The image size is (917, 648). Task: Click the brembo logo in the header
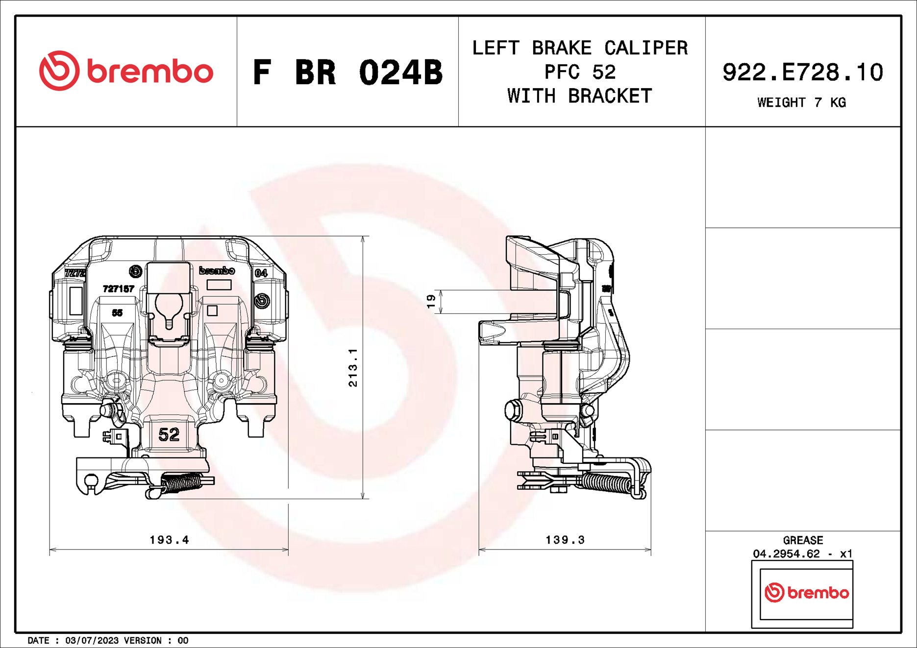[126, 71]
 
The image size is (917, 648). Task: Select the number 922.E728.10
[802, 72]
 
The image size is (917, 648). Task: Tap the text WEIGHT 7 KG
[801, 102]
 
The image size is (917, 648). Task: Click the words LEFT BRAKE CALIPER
[580, 48]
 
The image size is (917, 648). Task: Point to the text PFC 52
[580, 72]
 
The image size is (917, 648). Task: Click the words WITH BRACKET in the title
[580, 96]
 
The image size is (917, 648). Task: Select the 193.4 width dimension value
[169, 540]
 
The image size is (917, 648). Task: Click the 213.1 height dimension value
[353, 367]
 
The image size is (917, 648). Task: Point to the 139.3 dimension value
[565, 540]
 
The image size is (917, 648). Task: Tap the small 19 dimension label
[431, 301]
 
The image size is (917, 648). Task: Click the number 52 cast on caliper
[169, 434]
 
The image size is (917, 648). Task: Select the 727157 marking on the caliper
[118, 289]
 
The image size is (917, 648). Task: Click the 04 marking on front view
[261, 273]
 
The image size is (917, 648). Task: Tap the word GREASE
[803, 540]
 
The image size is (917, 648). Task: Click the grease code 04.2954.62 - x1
[803, 554]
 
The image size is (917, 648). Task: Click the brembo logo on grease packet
[806, 593]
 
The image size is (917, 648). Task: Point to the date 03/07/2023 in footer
[92, 641]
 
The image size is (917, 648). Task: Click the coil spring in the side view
[605, 482]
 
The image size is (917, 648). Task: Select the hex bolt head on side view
[513, 409]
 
